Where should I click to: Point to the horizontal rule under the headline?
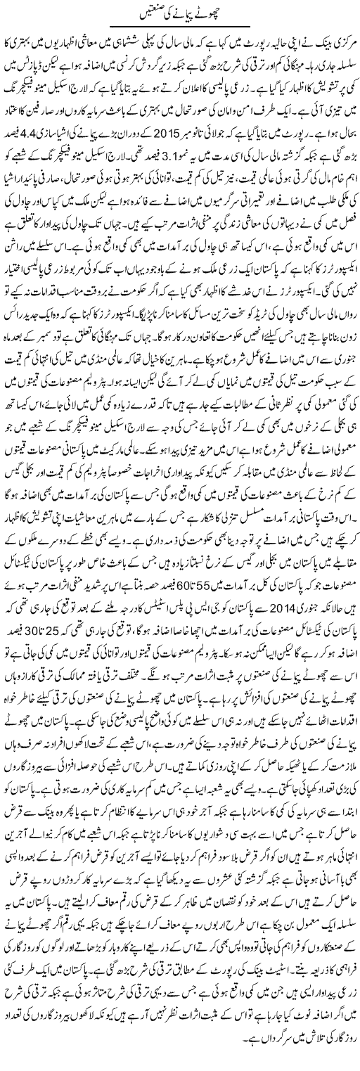coord(180,30)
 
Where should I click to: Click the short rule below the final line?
coord(180,1053)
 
